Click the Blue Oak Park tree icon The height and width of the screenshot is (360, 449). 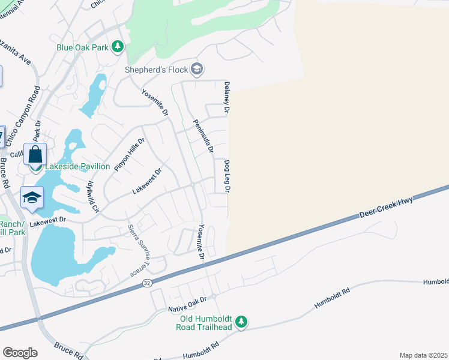point(118,46)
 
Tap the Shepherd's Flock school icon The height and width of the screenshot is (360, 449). point(196,70)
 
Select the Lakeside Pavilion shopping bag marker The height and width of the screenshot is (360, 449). point(35,154)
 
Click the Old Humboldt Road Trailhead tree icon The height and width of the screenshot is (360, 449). point(241,322)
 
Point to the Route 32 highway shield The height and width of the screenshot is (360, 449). point(148,281)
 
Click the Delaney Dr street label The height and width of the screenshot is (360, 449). point(227,98)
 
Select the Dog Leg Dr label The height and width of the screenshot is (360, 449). point(228,176)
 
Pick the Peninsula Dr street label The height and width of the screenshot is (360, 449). point(203,136)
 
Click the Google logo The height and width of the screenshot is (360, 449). point(20,353)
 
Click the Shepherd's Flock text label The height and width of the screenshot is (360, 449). point(156,70)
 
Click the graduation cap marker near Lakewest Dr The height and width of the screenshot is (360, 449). point(32,197)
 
